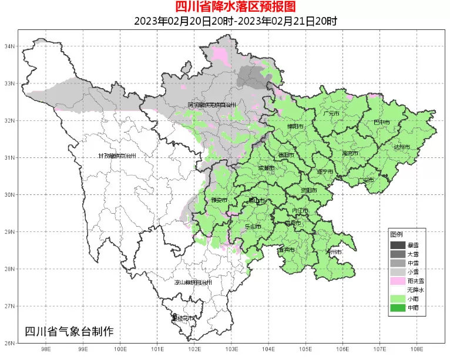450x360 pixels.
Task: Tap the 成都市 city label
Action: pyautogui.click(x=266, y=168)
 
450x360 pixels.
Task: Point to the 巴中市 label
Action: pyautogui.click(x=382, y=122)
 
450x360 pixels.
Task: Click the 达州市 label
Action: pyautogui.click(x=401, y=147)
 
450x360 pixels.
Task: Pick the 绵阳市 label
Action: pyautogui.click(x=295, y=127)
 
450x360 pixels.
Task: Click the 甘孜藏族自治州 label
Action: pyautogui.click(x=117, y=156)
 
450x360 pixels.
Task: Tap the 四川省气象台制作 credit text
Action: pyautogui.click(x=69, y=331)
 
